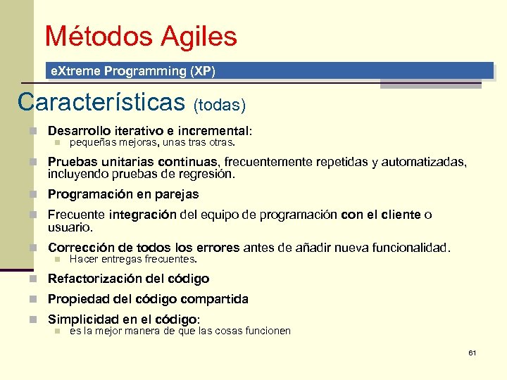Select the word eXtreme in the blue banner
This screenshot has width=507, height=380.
(73, 71)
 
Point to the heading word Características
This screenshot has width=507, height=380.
(101, 102)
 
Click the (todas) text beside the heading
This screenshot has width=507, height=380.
(220, 105)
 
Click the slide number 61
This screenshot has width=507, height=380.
(472, 353)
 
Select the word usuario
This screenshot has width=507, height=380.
(70, 227)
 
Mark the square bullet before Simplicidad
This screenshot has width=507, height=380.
(32, 319)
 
